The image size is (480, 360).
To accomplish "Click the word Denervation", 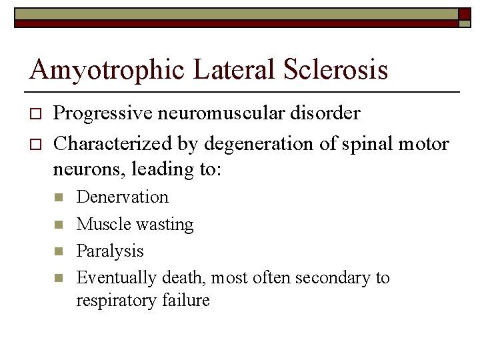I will coord(123,197).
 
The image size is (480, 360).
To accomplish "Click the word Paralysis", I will coord(110,251).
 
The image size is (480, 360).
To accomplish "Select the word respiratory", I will coord(115,301).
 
